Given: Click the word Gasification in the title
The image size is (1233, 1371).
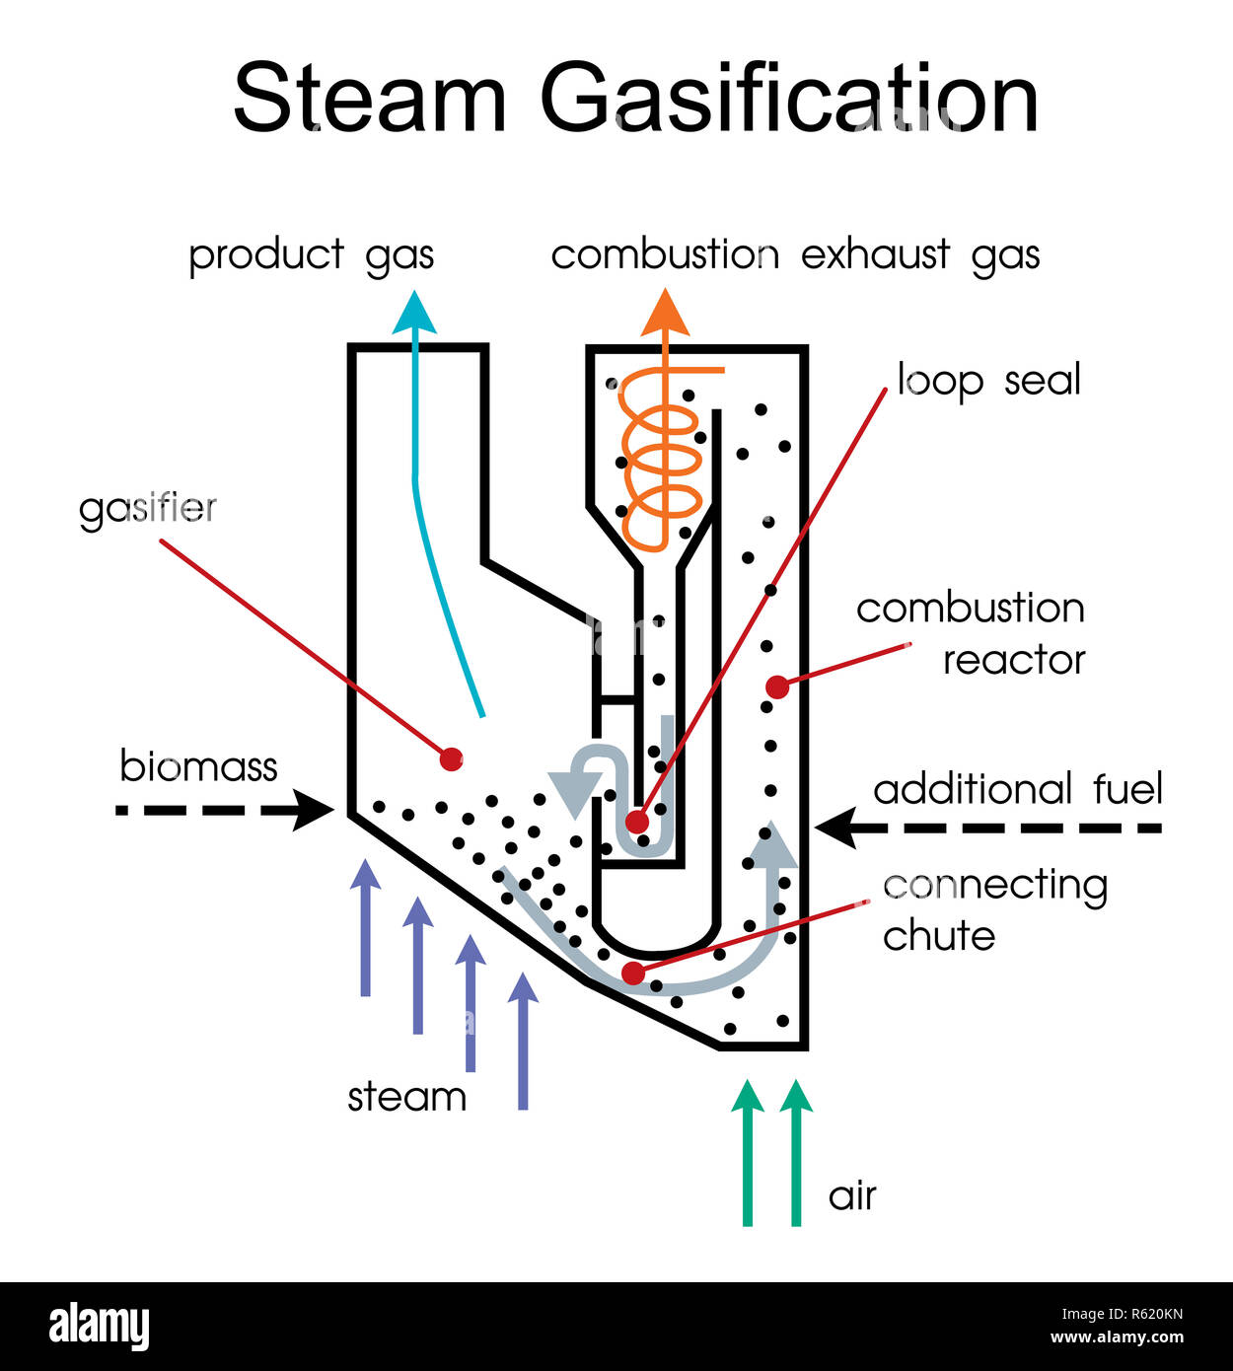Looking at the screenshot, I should pyautogui.click(x=789, y=99).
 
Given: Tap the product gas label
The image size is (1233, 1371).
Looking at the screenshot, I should pyautogui.click(x=311, y=254).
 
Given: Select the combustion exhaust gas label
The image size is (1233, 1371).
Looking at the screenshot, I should pyautogui.click(x=795, y=254).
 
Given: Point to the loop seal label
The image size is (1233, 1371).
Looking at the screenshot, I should pyautogui.click(x=988, y=380).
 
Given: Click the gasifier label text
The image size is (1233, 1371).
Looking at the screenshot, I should pyautogui.click(x=148, y=508).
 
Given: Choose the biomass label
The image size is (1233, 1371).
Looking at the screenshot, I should pyautogui.click(x=198, y=766).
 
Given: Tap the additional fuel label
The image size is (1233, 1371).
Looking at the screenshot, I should pyautogui.click(x=1018, y=789).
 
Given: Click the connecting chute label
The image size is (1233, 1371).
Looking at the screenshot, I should pyautogui.click(x=994, y=909).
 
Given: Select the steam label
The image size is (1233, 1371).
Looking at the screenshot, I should pyautogui.click(x=406, y=1097).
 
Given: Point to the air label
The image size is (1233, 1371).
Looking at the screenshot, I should pyautogui.click(x=852, y=1195).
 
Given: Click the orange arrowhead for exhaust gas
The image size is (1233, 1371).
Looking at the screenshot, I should pyautogui.click(x=666, y=313).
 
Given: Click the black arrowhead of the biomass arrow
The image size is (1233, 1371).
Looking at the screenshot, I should pyautogui.click(x=316, y=810).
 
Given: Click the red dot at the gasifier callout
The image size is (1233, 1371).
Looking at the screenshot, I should pyautogui.click(x=451, y=758).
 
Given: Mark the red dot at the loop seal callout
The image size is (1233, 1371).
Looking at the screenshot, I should pyautogui.click(x=637, y=822).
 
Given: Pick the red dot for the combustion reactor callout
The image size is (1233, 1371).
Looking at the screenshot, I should pyautogui.click(x=777, y=687).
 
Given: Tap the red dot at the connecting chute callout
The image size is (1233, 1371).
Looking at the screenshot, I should pyautogui.click(x=633, y=974).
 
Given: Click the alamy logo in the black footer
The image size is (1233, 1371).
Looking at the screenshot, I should pyautogui.click(x=99, y=1326).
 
